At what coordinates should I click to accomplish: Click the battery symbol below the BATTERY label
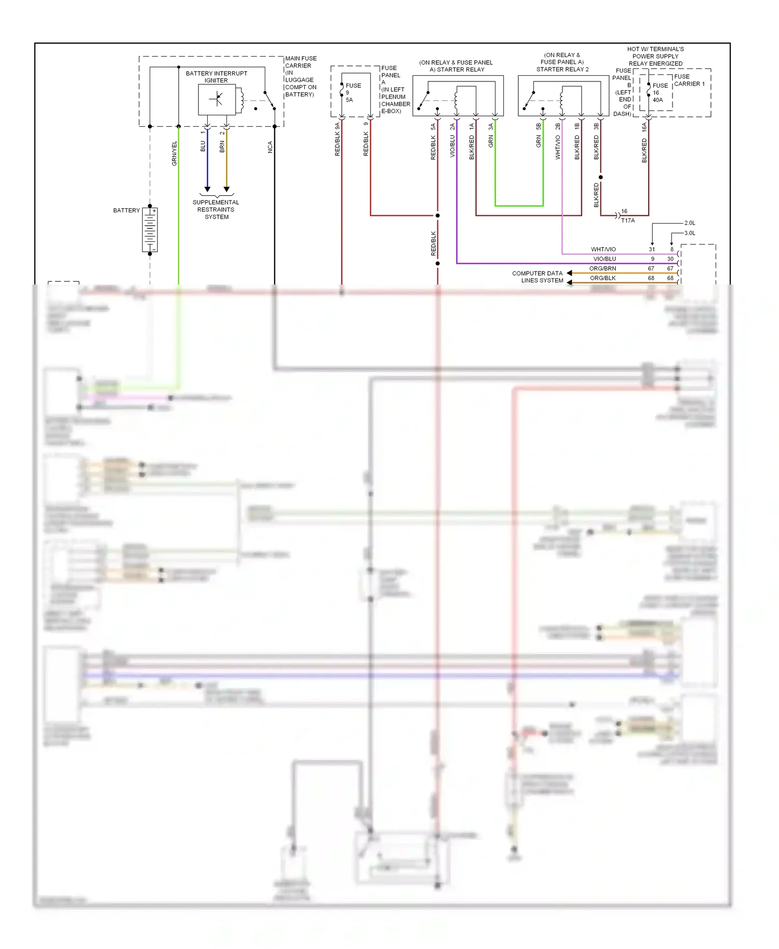150,230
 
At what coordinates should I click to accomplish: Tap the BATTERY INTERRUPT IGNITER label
217,77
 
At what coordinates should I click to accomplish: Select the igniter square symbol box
217,99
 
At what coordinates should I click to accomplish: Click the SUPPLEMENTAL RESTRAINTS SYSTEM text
216,210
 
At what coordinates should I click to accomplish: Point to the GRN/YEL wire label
174,154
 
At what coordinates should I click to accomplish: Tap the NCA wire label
270,147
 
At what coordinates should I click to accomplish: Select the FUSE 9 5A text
353,93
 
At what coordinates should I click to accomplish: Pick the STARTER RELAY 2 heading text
562,69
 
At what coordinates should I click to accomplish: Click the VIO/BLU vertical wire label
452,147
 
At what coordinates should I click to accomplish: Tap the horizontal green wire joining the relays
519,206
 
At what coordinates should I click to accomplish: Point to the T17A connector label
628,221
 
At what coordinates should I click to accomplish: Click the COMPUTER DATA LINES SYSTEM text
538,277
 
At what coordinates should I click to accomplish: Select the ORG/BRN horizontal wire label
602,268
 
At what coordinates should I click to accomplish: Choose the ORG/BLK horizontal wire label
602,278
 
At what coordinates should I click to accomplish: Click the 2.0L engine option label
690,223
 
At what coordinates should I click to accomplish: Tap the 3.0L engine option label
690,233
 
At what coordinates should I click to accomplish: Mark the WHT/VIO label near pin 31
603,250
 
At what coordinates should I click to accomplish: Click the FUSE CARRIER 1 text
689,80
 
